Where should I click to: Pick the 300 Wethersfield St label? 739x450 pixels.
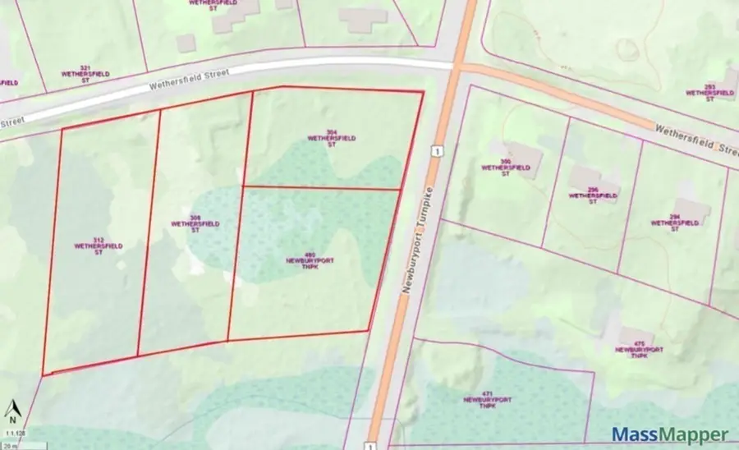click(x=496, y=167)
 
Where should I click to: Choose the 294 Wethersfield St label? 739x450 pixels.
click(x=668, y=223)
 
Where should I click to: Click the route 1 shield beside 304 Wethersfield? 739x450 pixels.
click(x=438, y=150)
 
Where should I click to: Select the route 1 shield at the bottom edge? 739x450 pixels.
click(x=370, y=444)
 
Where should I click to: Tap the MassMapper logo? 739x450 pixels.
click(x=669, y=434)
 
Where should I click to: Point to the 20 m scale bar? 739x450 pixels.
click(x=16, y=444)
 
